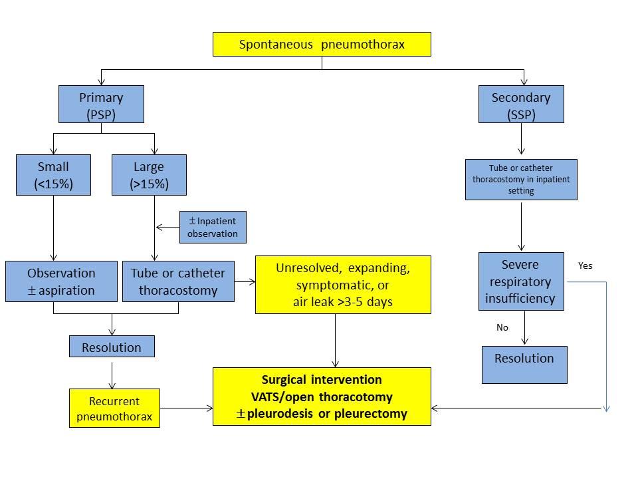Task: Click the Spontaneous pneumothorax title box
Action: [x=322, y=45]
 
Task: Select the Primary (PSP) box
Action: [x=101, y=105]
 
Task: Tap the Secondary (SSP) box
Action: [x=521, y=105]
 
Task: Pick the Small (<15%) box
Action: [x=53, y=175]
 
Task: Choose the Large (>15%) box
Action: [x=149, y=175]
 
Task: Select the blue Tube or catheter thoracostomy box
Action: [x=178, y=281]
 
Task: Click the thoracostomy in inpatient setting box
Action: [x=521, y=180]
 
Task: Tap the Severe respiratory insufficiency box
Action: [x=521, y=281]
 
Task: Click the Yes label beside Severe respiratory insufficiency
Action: [x=585, y=265]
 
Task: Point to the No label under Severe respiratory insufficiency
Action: [x=502, y=327]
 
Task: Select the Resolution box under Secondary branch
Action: [x=524, y=364]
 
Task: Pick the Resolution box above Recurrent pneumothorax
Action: [x=112, y=347]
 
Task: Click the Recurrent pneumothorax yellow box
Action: [x=114, y=408]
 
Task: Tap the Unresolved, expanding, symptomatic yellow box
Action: [x=343, y=285]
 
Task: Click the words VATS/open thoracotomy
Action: [x=322, y=397]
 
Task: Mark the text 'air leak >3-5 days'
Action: [x=343, y=301]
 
